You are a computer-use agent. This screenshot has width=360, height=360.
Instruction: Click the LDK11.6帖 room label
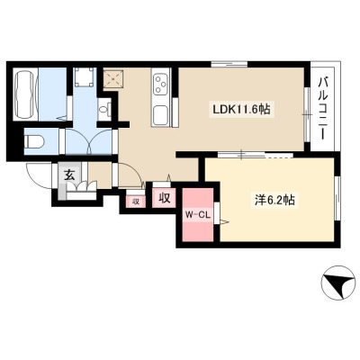(241, 110)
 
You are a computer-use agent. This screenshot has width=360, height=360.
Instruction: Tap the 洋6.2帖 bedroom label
(274, 200)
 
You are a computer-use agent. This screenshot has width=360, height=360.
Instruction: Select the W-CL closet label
(198, 215)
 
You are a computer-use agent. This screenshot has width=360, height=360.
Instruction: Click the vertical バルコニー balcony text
(323, 108)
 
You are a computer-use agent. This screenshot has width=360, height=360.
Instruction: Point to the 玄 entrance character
(69, 175)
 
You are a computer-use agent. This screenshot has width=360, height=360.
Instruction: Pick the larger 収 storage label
(165, 198)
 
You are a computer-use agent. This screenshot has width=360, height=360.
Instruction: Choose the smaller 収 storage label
(136, 202)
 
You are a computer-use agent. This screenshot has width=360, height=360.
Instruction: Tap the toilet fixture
(34, 141)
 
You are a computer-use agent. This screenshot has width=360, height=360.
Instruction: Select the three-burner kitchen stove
(161, 84)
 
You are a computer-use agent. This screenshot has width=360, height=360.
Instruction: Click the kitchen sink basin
(161, 114)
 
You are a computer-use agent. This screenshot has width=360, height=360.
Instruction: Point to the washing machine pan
(84, 77)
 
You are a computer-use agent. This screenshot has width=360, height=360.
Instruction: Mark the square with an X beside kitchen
(113, 78)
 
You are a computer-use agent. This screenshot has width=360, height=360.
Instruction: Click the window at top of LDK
(229, 64)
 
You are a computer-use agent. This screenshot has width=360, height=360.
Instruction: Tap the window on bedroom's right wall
(337, 199)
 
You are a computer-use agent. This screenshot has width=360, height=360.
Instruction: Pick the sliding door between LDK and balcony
(307, 114)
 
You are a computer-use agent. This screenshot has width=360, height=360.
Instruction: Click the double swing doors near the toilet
(89, 141)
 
